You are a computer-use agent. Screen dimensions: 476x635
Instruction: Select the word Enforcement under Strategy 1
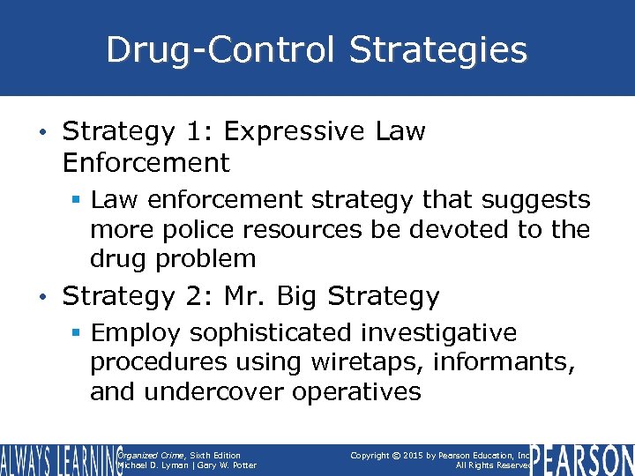click(146, 163)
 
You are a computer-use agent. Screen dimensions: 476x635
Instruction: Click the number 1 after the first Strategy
click(201, 132)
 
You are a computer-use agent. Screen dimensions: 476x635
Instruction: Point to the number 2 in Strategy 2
click(201, 296)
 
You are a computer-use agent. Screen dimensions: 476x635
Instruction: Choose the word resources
click(306, 229)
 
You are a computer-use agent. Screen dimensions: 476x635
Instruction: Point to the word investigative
click(439, 333)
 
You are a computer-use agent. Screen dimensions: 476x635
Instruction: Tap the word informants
click(497, 362)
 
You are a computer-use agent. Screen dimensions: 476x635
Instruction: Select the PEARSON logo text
click(584, 460)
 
